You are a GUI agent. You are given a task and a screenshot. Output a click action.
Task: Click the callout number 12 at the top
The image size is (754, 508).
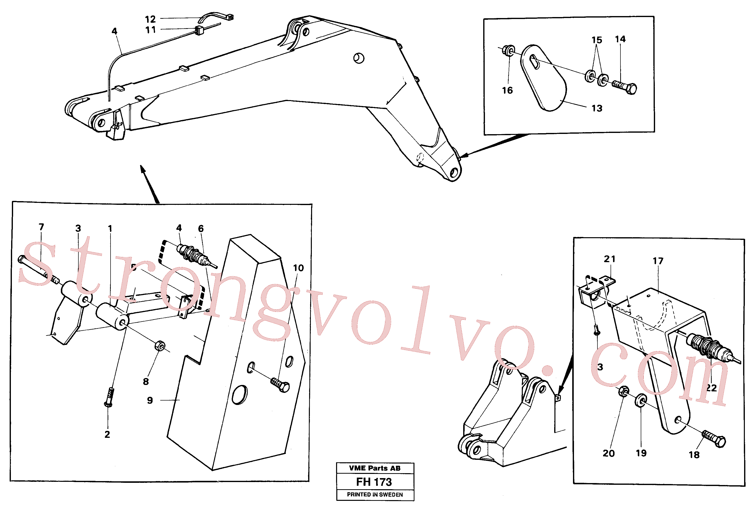click(x=150, y=19)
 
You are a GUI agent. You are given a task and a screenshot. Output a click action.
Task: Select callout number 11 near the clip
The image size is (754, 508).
click(x=150, y=30)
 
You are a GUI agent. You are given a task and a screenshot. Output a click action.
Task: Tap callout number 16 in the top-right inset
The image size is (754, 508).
click(x=507, y=90)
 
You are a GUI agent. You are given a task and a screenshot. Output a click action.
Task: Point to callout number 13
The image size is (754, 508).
click(x=597, y=108)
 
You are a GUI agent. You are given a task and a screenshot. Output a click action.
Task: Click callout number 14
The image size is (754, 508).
click(x=620, y=39)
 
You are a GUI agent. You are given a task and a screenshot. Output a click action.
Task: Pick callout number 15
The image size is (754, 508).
click(x=596, y=40)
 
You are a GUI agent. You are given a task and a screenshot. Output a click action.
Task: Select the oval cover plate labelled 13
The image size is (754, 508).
click(x=544, y=78)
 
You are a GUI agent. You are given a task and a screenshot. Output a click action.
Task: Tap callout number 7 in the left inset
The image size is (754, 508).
click(x=41, y=227)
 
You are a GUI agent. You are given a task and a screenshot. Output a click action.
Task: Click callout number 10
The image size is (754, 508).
click(x=298, y=268)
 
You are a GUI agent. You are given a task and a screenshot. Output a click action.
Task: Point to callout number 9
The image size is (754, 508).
click(x=150, y=401)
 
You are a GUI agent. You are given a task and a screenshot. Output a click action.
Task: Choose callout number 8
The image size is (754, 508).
click(x=146, y=382)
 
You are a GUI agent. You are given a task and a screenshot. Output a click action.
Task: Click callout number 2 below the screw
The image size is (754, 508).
click(x=107, y=434)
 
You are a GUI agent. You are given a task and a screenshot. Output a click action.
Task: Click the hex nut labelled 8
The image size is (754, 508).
click(x=160, y=346)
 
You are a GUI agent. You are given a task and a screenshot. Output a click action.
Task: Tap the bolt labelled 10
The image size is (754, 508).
click(x=280, y=385)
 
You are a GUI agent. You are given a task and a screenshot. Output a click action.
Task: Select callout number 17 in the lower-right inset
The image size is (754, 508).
click(x=658, y=261)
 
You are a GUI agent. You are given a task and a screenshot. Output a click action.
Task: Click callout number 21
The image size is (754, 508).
click(x=609, y=259)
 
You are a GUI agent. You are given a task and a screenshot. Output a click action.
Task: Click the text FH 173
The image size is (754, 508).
click(x=374, y=482)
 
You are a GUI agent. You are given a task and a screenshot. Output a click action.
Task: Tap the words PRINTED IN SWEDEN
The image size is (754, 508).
click(x=375, y=494)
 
